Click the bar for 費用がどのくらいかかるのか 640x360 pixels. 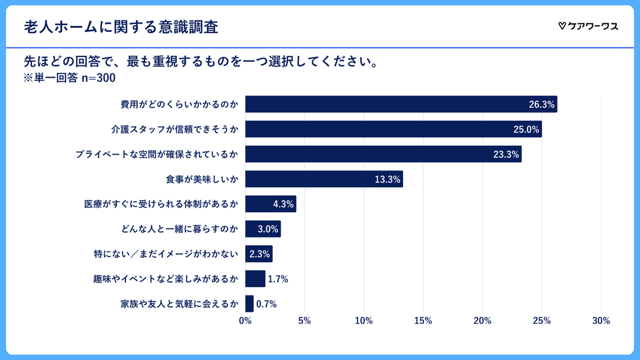pos(401,104)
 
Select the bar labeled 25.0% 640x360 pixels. pos(394,129)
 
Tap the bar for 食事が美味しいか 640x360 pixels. pos(324,179)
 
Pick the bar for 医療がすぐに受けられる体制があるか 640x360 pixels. pos(270,204)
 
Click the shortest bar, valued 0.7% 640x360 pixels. pos(249,304)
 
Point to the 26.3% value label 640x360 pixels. pos(542,105)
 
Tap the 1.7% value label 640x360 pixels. pos(278,279)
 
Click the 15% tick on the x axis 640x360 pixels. pos(423,321)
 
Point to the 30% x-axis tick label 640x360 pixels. pos(601,321)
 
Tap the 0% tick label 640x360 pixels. pos(245,321)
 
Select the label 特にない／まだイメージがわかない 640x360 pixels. pos(165,254)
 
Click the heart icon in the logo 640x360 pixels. pos(562,27)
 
